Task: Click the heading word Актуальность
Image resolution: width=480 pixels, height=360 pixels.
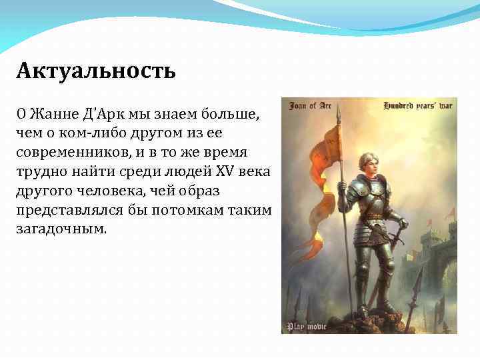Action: coord(96,70)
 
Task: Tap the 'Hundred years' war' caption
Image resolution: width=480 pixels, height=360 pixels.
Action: coord(419,105)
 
